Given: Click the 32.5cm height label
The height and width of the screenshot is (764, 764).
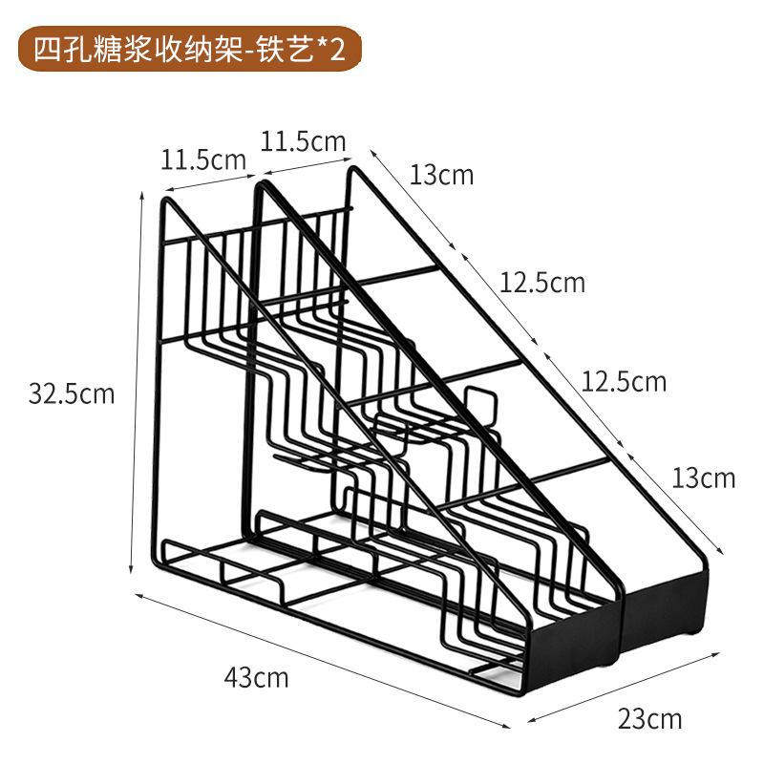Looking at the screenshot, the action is [x=72, y=393].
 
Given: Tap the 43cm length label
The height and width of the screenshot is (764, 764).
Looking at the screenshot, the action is [x=256, y=678].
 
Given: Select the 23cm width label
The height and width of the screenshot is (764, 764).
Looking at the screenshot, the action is [x=649, y=718].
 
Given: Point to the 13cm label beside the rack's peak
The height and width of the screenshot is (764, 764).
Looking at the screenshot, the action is [x=441, y=175].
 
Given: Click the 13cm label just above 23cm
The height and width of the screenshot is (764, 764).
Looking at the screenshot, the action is [x=703, y=476].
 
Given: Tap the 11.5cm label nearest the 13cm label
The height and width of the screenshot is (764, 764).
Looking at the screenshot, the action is [x=303, y=141].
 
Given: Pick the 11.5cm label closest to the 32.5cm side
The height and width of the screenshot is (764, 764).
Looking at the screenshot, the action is [x=202, y=159].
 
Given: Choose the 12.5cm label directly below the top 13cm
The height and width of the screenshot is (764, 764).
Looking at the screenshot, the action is [x=541, y=283].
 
